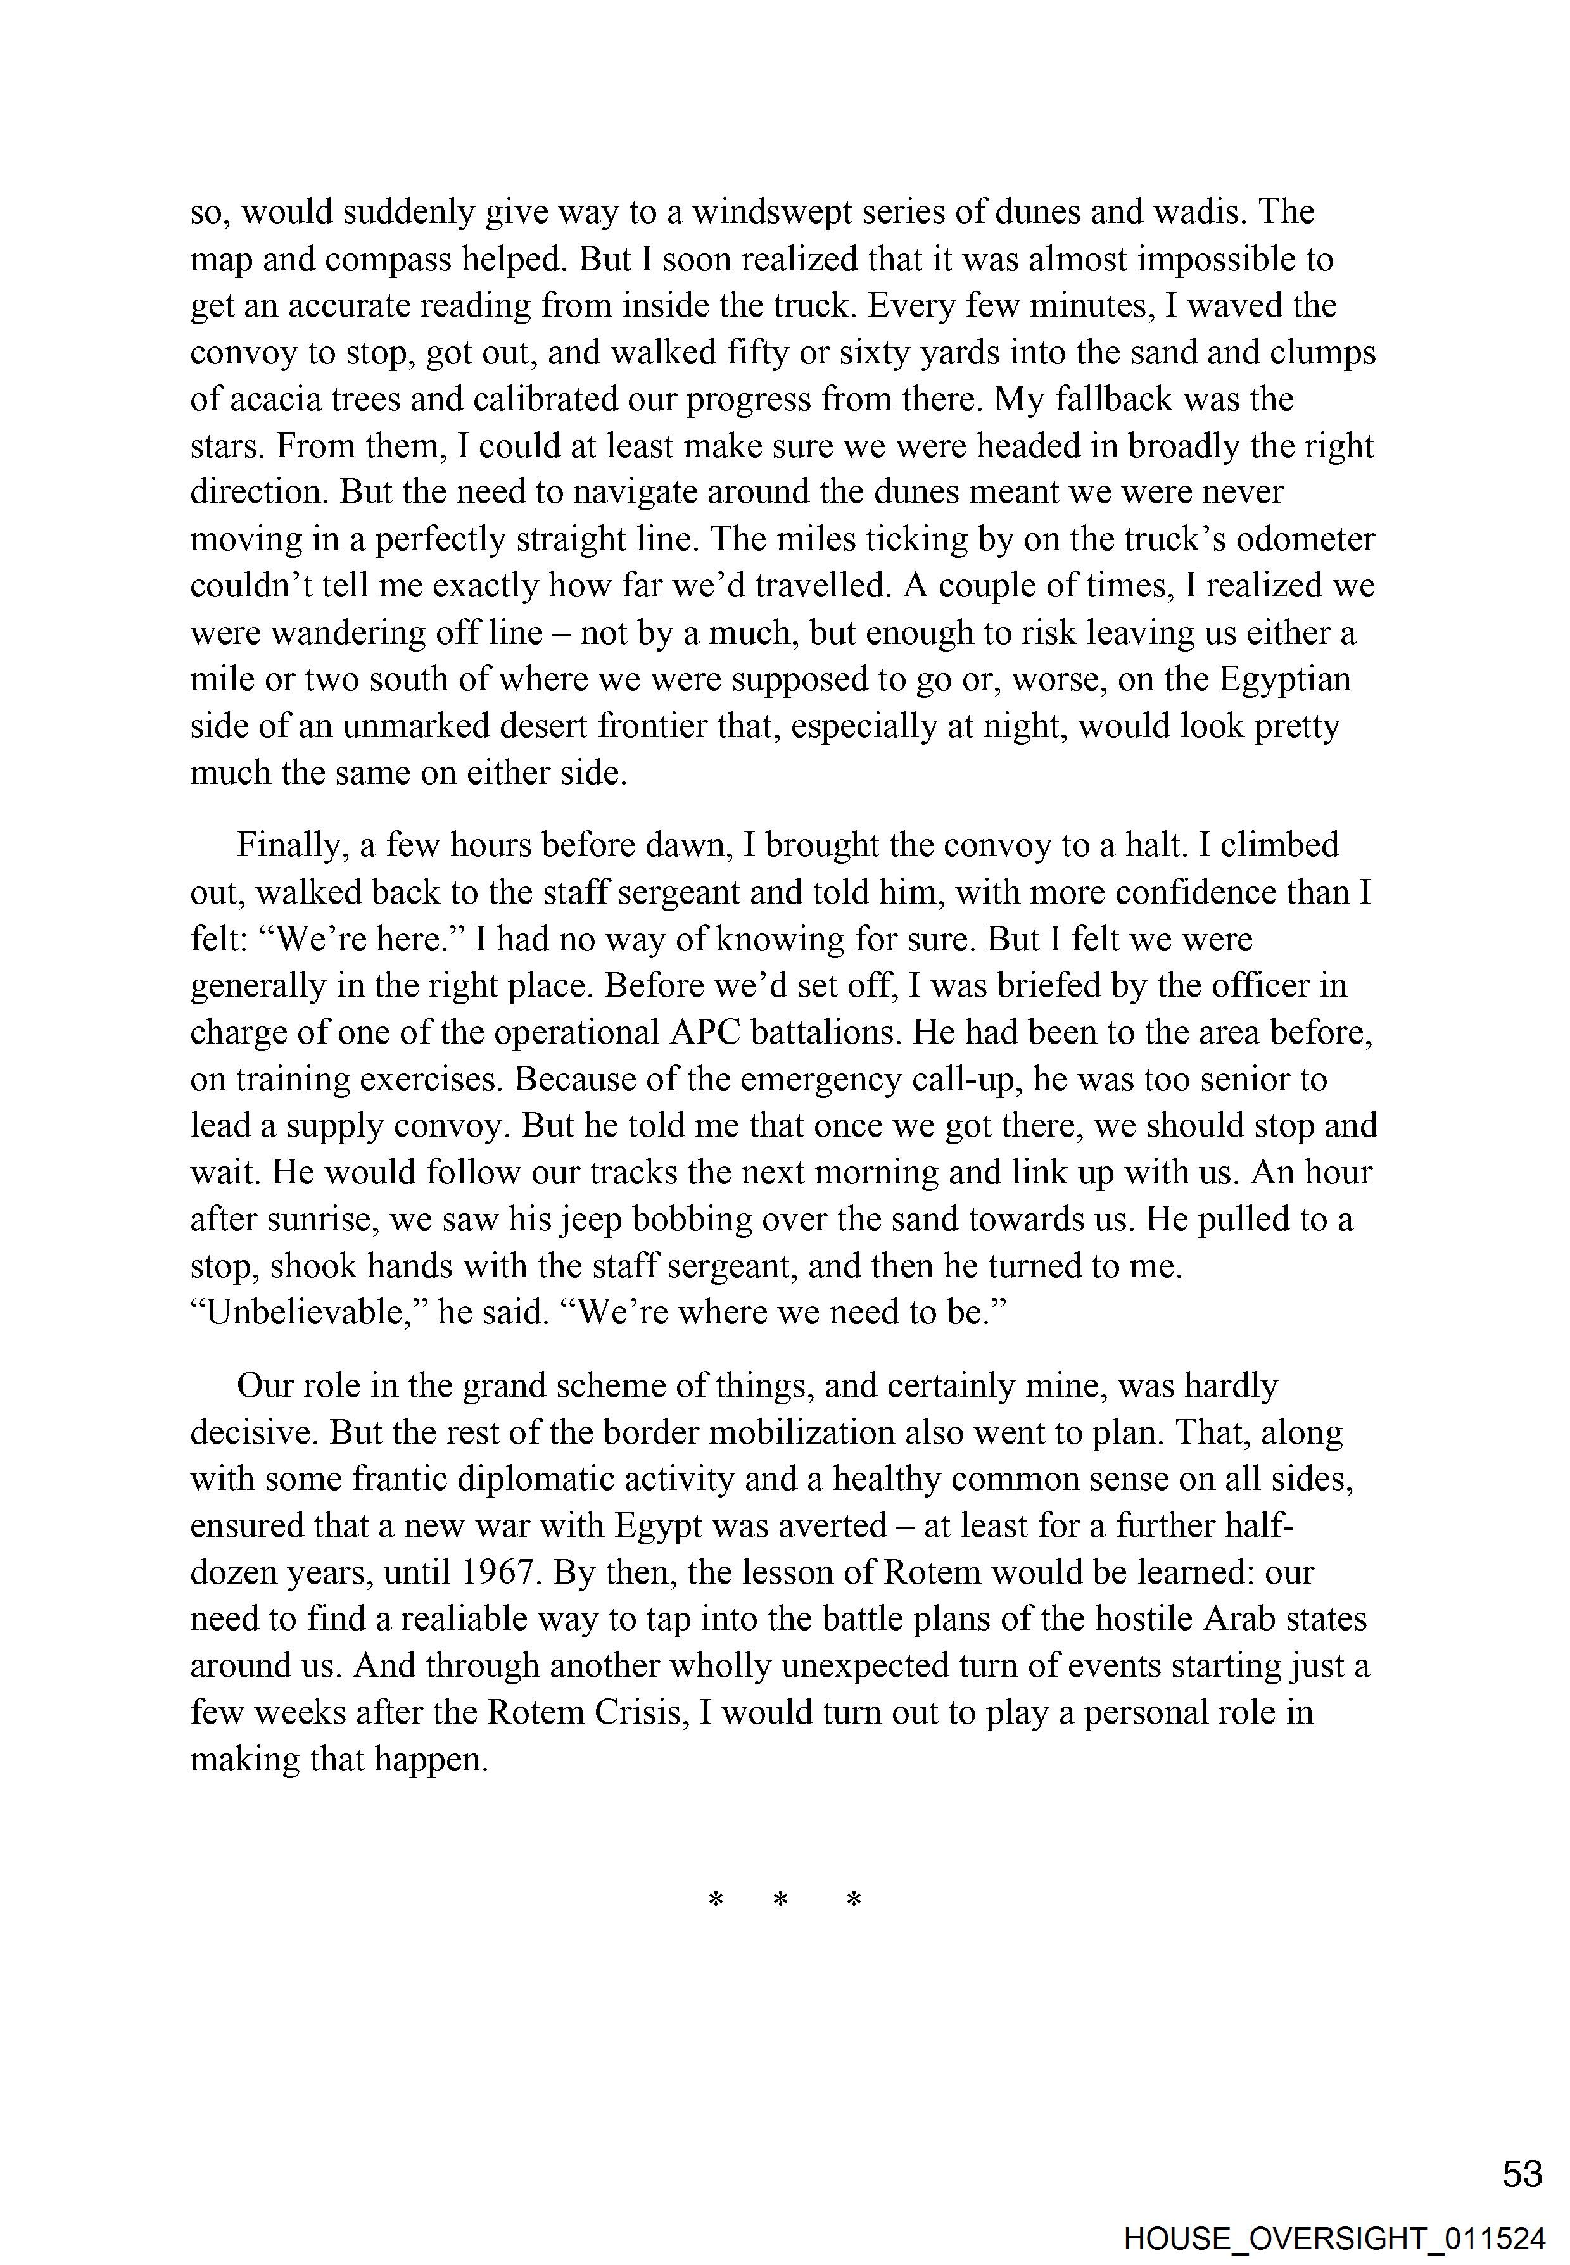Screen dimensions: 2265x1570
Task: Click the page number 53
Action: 1522,2174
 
